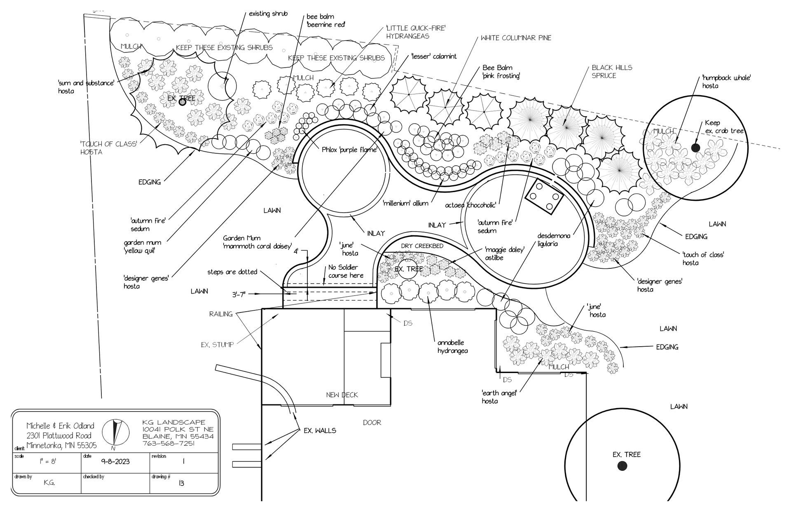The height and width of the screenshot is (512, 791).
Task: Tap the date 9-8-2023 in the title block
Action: click(x=115, y=461)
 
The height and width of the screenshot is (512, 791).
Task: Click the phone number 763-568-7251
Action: click(x=168, y=444)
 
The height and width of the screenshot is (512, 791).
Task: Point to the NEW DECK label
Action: click(x=342, y=395)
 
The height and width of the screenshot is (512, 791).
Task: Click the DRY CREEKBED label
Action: click(x=422, y=246)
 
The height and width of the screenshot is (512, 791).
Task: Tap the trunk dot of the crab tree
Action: click(x=695, y=148)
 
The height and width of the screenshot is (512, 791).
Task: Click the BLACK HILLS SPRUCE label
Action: click(x=611, y=72)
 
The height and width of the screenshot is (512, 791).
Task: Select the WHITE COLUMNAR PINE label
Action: click(x=516, y=38)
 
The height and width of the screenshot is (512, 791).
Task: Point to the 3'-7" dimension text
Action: click(x=239, y=294)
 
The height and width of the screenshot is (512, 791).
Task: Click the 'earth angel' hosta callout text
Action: click(x=499, y=397)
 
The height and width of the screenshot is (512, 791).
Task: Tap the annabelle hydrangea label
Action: click(x=452, y=347)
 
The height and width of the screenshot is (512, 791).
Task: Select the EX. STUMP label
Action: click(x=217, y=345)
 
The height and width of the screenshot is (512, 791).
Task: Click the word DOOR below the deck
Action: click(x=372, y=423)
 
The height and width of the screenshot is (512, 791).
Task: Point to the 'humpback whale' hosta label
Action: click(x=726, y=82)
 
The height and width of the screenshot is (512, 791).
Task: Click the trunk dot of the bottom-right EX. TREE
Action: click(x=622, y=466)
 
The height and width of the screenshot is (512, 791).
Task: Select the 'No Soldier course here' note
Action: click(x=346, y=271)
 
